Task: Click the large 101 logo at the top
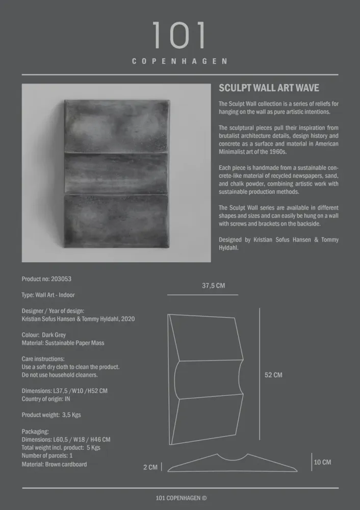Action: [x=179, y=36]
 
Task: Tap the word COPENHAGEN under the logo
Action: [x=179, y=61]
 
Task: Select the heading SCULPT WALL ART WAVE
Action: [x=269, y=88]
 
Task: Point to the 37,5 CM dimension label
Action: [x=213, y=286]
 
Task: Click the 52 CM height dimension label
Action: [x=273, y=375]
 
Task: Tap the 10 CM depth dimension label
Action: [x=322, y=462]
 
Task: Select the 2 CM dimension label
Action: [x=150, y=467]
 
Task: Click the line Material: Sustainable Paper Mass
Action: [x=63, y=343]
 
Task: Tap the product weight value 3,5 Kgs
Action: [x=71, y=415]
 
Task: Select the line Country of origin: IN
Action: [x=46, y=399]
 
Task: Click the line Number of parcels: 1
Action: [x=47, y=456]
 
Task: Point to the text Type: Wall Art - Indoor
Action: [x=48, y=295]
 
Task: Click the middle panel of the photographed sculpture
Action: [x=116, y=173]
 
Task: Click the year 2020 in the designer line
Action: [x=127, y=319]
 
